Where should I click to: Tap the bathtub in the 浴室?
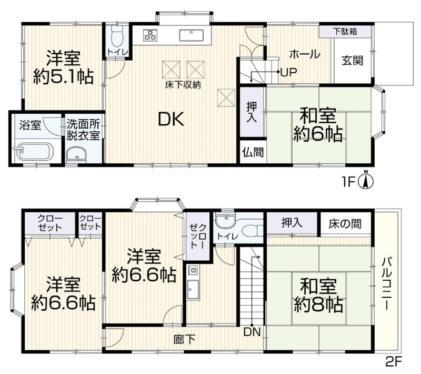click(x=34, y=151)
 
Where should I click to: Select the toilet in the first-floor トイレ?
click(x=117, y=36)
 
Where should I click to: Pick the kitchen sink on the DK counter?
click(x=191, y=35)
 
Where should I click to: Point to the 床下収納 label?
click(x=183, y=85)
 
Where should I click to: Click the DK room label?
click(x=171, y=119)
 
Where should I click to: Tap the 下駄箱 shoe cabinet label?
click(x=345, y=32)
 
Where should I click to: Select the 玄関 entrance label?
click(x=352, y=61)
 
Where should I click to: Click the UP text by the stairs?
click(x=288, y=72)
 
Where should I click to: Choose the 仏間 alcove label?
click(x=253, y=153)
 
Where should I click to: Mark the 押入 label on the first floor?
click(x=252, y=112)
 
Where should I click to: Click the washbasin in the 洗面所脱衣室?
click(x=76, y=155)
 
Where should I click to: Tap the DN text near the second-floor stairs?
click(x=252, y=332)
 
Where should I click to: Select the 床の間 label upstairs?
click(x=345, y=223)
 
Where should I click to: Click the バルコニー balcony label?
click(x=387, y=284)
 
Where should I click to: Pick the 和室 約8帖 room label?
click(x=318, y=296)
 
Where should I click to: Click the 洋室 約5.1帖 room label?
click(x=63, y=67)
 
